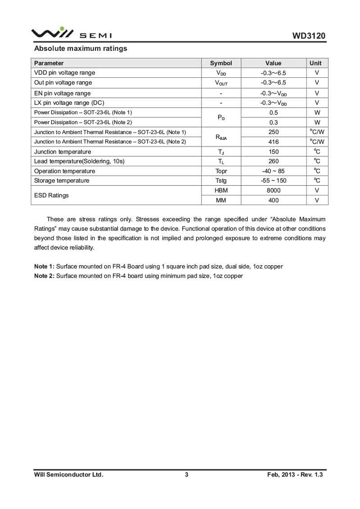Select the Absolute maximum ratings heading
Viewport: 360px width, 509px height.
click(81, 48)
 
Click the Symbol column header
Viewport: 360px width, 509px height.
click(221, 63)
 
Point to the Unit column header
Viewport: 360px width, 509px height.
click(317, 63)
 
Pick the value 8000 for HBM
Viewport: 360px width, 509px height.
click(273, 191)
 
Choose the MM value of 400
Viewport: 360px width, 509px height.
click(273, 201)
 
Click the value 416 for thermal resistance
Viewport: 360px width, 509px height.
click(273, 142)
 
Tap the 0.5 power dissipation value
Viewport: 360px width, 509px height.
click(273, 112)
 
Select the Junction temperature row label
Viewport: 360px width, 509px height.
click(63, 152)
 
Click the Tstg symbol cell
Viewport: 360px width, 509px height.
click(221, 181)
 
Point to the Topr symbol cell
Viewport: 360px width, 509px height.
click(221, 171)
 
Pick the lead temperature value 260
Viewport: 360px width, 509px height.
click(273, 161)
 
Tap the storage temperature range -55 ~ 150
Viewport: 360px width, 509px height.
click(273, 181)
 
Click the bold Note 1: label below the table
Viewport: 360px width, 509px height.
click(44, 266)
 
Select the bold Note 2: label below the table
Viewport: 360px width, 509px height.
click(44, 276)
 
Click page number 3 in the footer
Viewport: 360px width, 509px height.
click(186, 474)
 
